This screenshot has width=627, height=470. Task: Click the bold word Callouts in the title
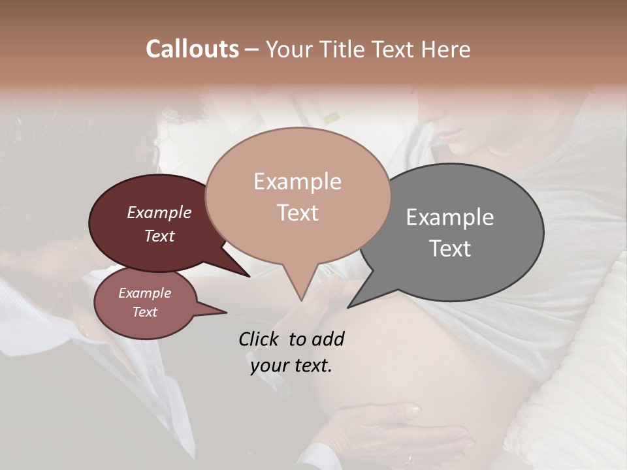click(x=192, y=49)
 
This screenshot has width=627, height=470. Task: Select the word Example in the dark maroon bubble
click(x=159, y=213)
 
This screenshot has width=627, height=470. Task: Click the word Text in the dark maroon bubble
click(x=159, y=236)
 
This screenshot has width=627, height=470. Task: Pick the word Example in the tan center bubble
click(x=297, y=181)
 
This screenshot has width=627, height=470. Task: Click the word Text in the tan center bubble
click(x=297, y=213)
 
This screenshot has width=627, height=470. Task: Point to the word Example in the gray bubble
click(x=449, y=217)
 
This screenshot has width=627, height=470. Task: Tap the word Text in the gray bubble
click(x=449, y=249)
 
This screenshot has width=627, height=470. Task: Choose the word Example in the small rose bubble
click(x=144, y=294)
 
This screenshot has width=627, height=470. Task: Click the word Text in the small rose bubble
click(x=144, y=312)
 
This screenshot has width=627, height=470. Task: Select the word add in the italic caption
click(x=328, y=339)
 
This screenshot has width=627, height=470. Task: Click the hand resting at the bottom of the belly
click(x=392, y=424)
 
